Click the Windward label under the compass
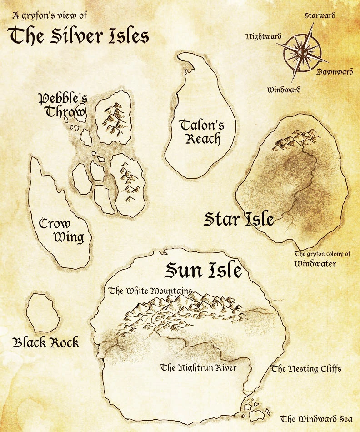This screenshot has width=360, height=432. (284, 90)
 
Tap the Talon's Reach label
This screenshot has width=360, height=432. (201, 131)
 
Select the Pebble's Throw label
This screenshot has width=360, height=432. (63, 105)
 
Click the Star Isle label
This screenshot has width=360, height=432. (239, 220)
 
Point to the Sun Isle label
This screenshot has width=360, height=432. (203, 271)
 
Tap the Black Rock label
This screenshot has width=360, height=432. (46, 342)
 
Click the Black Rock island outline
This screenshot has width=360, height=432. (42, 313)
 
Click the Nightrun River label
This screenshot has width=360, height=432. (199, 367)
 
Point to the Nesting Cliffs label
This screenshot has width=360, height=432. (306, 368)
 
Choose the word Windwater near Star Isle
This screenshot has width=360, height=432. (315, 263)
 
